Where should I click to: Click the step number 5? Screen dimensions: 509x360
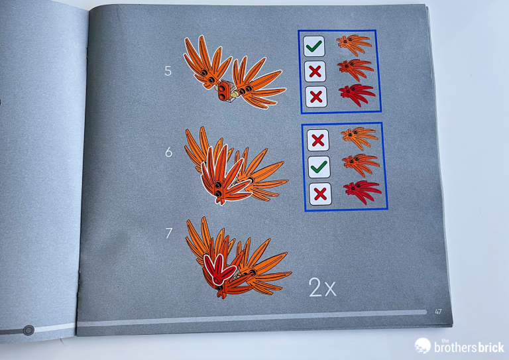point(168,71)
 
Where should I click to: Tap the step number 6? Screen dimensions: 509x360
point(168,152)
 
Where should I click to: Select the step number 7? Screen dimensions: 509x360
point(169,233)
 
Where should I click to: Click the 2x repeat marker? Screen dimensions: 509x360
point(322,287)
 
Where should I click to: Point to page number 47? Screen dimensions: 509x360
point(438,312)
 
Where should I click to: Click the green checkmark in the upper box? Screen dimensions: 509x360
point(314,46)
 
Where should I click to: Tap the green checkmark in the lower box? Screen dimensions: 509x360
point(319,167)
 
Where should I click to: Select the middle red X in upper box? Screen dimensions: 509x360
point(315,71)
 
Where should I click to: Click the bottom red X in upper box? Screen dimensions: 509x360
point(316,96)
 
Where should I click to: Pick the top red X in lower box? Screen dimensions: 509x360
point(318,141)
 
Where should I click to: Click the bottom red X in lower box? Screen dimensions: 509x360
point(320,194)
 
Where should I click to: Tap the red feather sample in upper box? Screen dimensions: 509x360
point(357,94)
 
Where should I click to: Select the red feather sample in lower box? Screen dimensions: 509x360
point(363,192)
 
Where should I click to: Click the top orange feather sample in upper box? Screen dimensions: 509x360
point(354,44)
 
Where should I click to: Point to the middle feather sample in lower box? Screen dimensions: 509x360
point(361,164)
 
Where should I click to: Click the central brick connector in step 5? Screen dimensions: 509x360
point(224,91)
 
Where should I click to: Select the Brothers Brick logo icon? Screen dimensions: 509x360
point(423,345)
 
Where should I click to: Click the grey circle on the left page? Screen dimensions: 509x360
point(28,330)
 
